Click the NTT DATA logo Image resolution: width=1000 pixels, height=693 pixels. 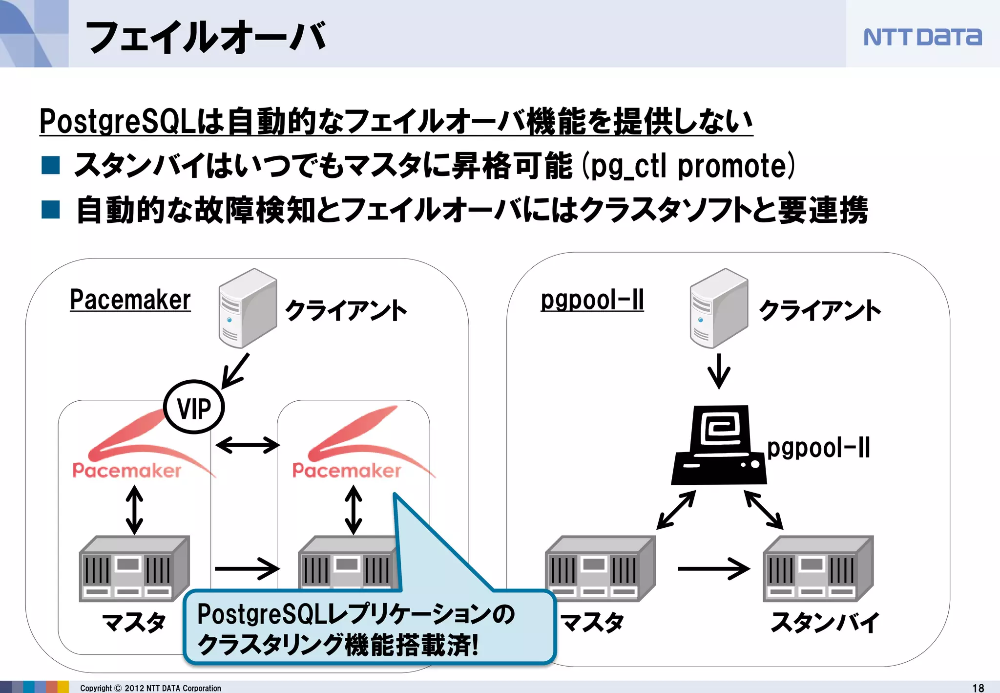point(922,37)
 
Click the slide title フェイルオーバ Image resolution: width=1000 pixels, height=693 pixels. point(205,37)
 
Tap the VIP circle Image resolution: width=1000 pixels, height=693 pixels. point(194,407)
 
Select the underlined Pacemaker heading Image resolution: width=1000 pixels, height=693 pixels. point(130,300)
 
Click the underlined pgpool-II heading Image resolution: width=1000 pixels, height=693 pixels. point(592,300)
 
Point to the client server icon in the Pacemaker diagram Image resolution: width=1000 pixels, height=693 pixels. point(248,308)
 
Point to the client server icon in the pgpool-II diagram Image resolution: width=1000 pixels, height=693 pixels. point(719,308)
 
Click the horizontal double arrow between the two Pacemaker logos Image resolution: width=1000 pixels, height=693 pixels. point(247,445)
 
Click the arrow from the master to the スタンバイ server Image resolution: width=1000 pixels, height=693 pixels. point(714,568)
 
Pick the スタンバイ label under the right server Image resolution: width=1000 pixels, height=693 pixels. point(824,622)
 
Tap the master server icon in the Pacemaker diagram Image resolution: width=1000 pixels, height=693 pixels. point(134,568)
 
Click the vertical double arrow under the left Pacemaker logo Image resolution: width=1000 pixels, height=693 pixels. point(134,510)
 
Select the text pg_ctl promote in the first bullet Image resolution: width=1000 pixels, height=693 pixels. point(688,166)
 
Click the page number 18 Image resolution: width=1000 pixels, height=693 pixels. point(978,688)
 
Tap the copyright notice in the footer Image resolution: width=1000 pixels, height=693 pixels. point(150,688)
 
